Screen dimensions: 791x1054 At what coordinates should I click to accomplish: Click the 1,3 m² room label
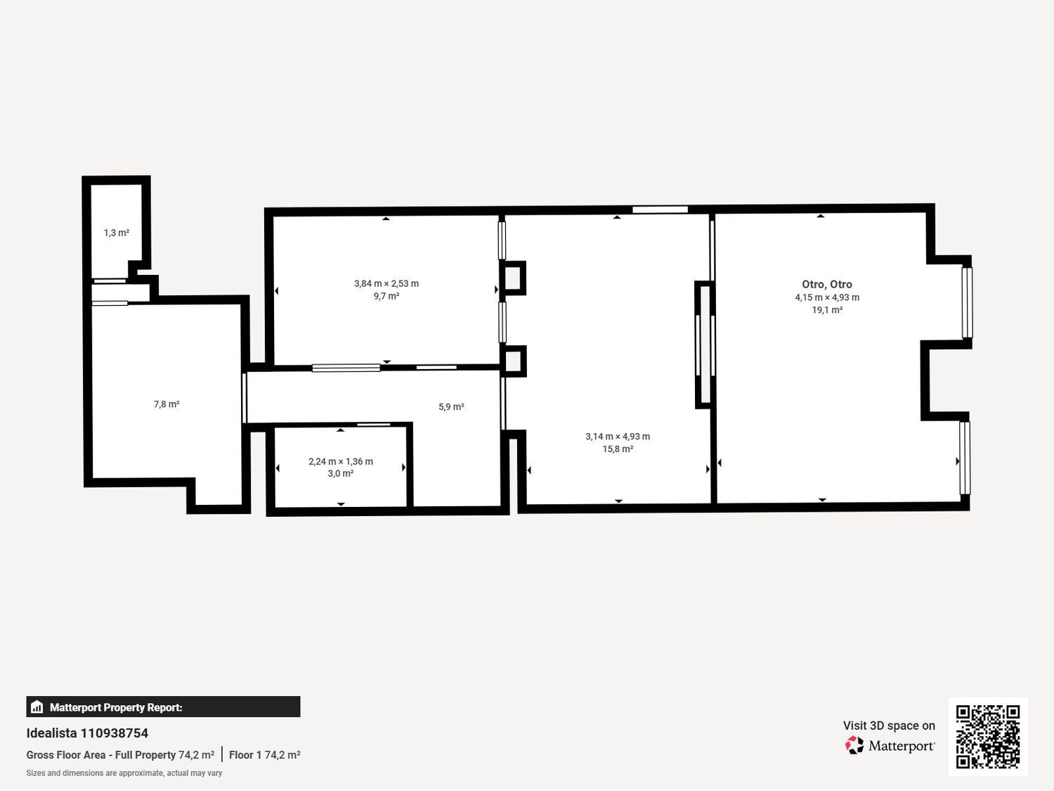click(117, 233)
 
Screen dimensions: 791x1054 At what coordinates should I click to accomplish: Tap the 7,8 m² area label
click(167, 404)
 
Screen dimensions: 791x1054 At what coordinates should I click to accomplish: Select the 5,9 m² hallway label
click(451, 407)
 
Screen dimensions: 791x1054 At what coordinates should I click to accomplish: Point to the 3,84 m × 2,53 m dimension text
click(386, 284)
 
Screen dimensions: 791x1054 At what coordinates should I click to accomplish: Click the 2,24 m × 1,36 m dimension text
click(341, 462)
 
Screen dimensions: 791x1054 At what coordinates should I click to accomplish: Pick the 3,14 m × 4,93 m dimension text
click(618, 437)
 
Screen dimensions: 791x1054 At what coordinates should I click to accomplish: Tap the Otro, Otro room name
click(827, 285)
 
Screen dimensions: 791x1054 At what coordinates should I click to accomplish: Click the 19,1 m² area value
click(827, 310)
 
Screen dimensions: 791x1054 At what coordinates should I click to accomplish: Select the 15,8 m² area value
click(618, 449)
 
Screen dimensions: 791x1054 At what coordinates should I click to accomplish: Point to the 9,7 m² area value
click(386, 297)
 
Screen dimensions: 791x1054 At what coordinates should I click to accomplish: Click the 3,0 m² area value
click(341, 474)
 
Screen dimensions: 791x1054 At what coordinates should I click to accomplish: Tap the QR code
click(988, 737)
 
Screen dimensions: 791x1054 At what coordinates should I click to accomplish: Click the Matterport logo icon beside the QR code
click(854, 745)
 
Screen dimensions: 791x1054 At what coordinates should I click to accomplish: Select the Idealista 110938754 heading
click(87, 733)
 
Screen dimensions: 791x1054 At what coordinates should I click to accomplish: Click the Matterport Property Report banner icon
click(37, 707)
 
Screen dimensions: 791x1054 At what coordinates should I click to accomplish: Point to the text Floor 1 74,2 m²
click(264, 755)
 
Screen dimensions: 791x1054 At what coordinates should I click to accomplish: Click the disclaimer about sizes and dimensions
click(124, 773)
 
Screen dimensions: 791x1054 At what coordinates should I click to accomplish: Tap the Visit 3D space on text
click(889, 726)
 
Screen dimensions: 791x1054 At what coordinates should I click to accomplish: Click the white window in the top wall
click(660, 210)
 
